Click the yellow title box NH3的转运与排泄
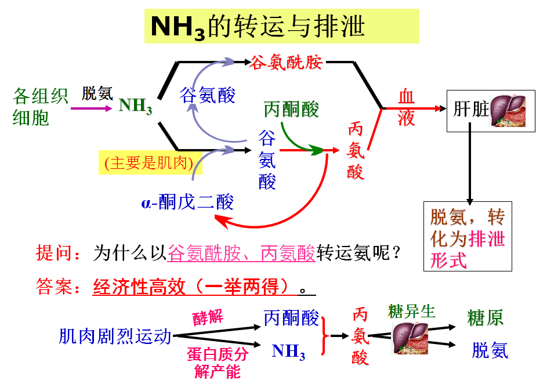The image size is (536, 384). [281, 27]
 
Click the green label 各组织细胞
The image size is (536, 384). [41, 107]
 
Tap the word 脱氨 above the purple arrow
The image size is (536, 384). [97, 93]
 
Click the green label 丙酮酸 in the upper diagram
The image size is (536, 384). [291, 109]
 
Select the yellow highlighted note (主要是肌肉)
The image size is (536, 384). [149, 163]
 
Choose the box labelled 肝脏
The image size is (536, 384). [488, 110]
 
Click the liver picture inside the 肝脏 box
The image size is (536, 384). [508, 110]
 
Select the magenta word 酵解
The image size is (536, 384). [208, 317]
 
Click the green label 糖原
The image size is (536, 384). [485, 317]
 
